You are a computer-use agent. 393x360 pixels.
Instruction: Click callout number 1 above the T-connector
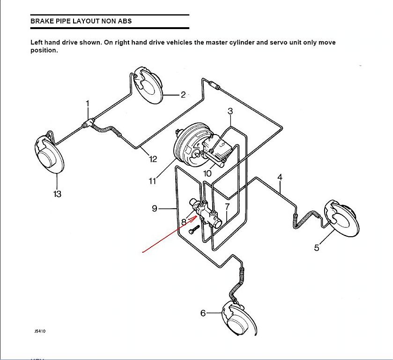[88, 104]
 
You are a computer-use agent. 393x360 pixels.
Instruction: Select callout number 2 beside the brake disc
[183, 95]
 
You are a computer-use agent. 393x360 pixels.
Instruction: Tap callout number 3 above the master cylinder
[230, 111]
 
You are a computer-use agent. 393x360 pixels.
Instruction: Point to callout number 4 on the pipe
[280, 177]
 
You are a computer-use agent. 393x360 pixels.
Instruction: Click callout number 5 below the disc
[317, 247]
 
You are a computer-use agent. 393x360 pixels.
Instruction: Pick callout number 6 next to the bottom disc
[203, 313]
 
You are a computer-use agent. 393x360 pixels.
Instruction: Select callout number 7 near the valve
[227, 206]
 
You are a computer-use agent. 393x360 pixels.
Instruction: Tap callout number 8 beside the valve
[184, 222]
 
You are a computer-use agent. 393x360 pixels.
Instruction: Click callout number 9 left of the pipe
[155, 208]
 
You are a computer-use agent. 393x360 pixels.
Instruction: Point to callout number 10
[208, 173]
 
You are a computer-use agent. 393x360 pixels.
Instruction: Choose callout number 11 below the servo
[152, 180]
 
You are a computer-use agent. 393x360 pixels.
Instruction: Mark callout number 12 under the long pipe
[153, 159]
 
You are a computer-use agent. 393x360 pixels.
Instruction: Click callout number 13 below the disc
[57, 194]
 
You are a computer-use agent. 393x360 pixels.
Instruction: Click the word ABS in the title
[125, 21]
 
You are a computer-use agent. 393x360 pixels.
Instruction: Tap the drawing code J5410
[40, 331]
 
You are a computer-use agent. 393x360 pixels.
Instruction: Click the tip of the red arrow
[197, 218]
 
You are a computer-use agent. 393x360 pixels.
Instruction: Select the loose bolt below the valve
[194, 229]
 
